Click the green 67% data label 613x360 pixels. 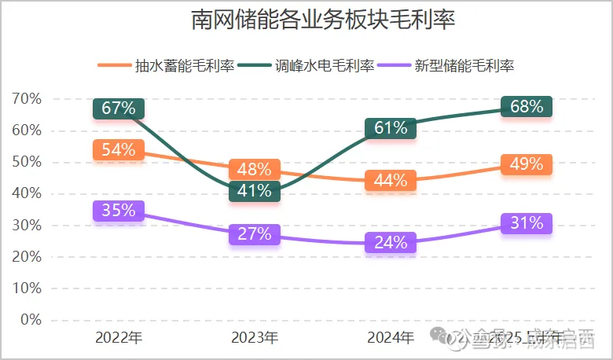[119, 108]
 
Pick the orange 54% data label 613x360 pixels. [119, 150]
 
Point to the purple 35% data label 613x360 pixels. [119, 211]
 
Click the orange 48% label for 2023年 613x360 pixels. [255, 169]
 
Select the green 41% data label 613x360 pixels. [255, 190]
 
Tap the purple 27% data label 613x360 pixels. [255, 234]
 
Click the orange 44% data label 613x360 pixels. [391, 181]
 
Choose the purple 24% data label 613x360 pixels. [391, 243]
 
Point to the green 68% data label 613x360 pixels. [527, 107]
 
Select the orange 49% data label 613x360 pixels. [527, 164]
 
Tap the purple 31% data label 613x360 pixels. [527, 223]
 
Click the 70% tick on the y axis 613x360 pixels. [26, 99]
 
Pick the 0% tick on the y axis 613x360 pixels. [30, 320]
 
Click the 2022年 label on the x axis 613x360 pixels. [119, 339]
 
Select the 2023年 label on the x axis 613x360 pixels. [255, 339]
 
